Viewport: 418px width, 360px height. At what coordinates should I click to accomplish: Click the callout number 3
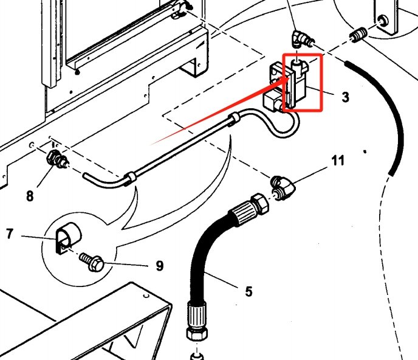click(x=345, y=97)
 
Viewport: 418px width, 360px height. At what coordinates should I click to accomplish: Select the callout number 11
click(x=338, y=161)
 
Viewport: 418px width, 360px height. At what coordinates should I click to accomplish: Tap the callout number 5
click(x=248, y=291)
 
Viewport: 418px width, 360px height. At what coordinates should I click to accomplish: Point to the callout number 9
click(x=159, y=266)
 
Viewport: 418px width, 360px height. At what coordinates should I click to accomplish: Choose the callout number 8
click(x=29, y=196)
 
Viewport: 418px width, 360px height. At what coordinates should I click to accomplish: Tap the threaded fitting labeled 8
click(x=58, y=161)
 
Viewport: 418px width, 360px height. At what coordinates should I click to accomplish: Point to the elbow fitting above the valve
click(x=301, y=40)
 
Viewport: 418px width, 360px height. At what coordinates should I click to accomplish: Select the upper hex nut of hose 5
click(x=259, y=202)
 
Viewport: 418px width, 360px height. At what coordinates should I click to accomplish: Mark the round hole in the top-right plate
click(x=383, y=22)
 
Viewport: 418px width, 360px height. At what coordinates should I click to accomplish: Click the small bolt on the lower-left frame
click(x=145, y=295)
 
